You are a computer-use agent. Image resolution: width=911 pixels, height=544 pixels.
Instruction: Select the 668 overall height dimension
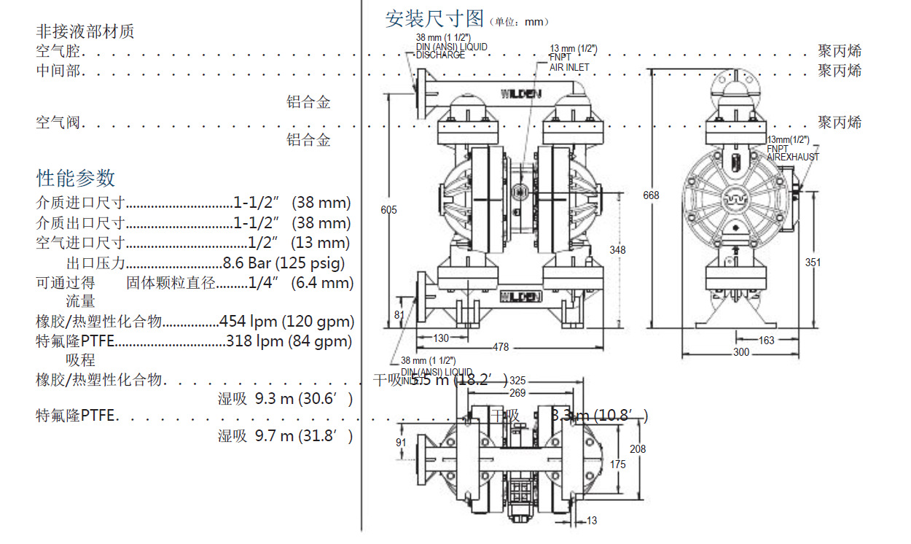651,195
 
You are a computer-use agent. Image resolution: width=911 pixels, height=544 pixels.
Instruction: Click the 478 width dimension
501,347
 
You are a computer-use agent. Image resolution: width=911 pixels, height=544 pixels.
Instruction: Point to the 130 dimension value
441,338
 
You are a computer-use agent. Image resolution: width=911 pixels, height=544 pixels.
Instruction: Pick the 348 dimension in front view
617,250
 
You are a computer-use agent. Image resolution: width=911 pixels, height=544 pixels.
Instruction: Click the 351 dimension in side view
813,263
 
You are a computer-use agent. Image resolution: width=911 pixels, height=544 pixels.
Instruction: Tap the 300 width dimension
740,352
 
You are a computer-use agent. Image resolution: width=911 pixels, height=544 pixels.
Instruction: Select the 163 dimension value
767,340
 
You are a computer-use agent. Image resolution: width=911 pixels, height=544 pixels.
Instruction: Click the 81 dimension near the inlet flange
399,315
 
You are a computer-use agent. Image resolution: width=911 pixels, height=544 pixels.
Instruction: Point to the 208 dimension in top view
638,449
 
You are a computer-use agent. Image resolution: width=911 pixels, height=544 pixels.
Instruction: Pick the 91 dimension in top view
401,443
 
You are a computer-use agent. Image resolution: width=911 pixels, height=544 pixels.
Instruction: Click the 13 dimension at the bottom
591,521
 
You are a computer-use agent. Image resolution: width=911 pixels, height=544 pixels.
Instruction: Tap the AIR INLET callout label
569,68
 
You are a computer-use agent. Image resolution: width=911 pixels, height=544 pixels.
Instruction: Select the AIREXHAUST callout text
793,157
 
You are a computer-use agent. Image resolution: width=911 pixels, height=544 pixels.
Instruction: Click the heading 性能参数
76,178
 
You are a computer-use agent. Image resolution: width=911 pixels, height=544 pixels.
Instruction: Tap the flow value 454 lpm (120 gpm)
287,321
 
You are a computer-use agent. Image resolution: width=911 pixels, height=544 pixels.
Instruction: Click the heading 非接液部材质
85,31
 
